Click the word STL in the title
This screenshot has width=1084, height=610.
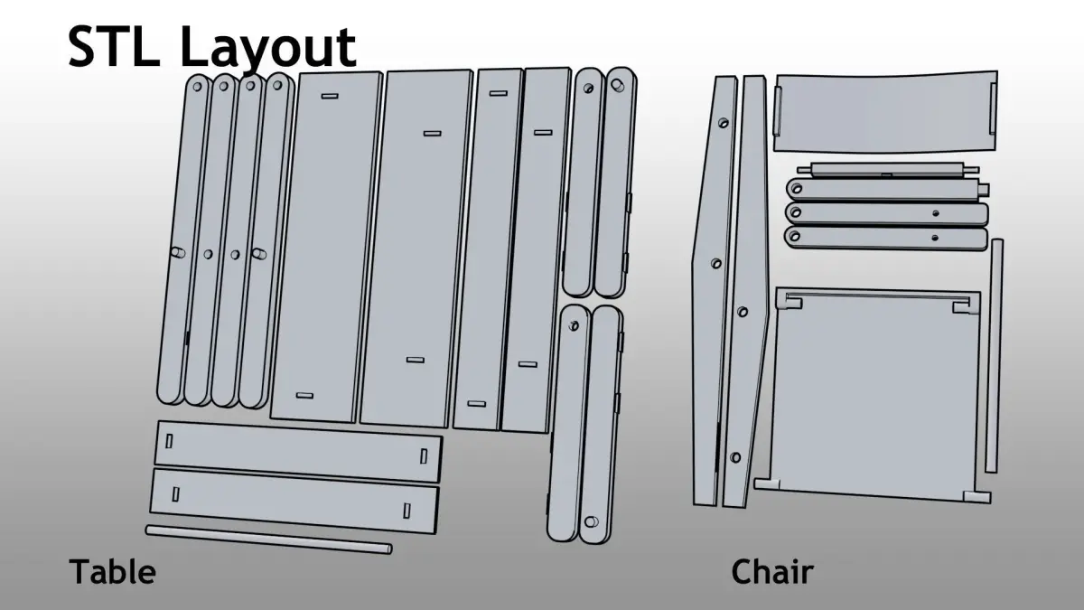(x=114, y=47)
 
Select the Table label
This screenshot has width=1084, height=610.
(x=112, y=572)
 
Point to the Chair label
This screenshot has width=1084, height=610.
(x=772, y=572)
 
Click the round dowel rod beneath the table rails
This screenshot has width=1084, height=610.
(x=268, y=540)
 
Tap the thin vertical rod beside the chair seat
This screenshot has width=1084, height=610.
(x=994, y=356)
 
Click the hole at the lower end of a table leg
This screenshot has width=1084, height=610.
(x=591, y=522)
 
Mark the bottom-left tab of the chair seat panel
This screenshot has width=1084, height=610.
(x=767, y=483)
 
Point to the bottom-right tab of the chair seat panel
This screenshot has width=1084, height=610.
(x=977, y=497)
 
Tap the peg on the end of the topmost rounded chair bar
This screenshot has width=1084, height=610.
(x=985, y=189)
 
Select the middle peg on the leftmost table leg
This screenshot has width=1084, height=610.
(x=178, y=252)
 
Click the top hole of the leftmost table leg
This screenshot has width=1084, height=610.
(x=198, y=87)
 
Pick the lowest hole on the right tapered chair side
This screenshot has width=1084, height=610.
(x=735, y=457)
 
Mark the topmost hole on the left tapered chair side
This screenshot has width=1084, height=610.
(x=723, y=123)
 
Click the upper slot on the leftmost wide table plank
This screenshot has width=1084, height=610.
(x=330, y=96)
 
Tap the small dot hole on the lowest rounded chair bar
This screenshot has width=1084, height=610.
(x=935, y=238)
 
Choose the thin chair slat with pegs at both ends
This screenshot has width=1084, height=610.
(x=888, y=170)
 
